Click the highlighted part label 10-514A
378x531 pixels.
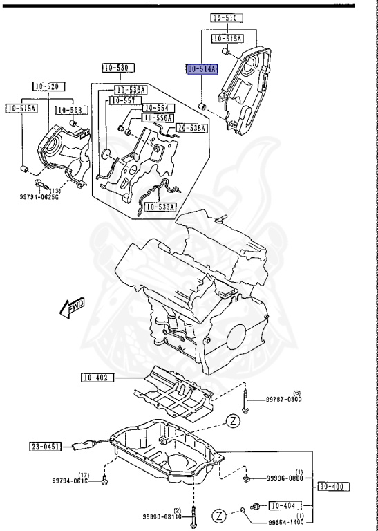click(x=202, y=69)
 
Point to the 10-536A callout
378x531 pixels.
click(x=130, y=90)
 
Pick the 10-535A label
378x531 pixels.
click(x=191, y=128)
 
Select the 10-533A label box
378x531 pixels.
click(x=161, y=206)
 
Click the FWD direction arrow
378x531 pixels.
click(x=72, y=308)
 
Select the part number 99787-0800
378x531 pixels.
click(x=285, y=400)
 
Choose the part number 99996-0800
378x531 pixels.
click(x=285, y=478)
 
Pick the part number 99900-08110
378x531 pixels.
click(x=162, y=516)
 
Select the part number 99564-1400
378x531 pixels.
click(x=285, y=522)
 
